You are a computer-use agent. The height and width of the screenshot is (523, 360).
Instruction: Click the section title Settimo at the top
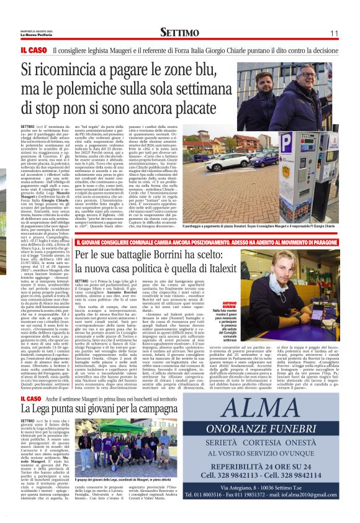(180, 32)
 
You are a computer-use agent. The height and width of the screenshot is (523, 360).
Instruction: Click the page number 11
(334, 33)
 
